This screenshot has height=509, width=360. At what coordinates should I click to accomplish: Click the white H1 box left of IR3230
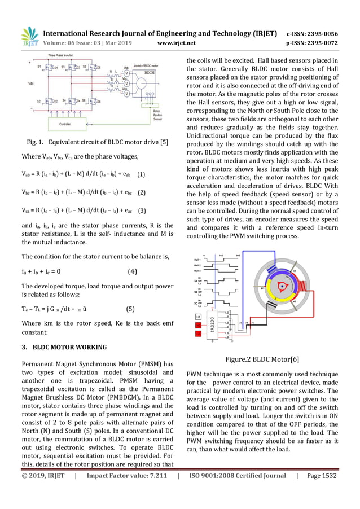pyautogui.click(x=198, y=318)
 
